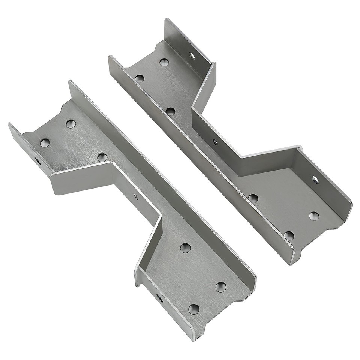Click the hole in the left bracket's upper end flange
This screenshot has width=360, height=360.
tap(38, 162)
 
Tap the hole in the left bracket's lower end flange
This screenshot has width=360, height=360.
tap(159, 298)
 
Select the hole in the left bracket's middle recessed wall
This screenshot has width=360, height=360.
tap(135, 196)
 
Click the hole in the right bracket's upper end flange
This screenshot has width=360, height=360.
tap(192, 56)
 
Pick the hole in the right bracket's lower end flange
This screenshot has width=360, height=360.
tap(315, 180)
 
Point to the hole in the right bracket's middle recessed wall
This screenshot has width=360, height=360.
tap(215, 142)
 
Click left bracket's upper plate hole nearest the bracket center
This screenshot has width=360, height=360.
tap(102, 157)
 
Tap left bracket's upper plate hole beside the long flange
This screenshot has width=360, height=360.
tap(71, 124)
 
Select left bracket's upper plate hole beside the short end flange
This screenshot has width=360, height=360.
tap(45, 142)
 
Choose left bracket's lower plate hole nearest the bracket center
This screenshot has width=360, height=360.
tap(185, 247)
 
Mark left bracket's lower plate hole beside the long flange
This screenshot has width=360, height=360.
tap(221, 287)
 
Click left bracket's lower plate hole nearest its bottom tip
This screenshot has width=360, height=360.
tap(194, 309)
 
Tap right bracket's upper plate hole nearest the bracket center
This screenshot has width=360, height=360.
tap(170, 111)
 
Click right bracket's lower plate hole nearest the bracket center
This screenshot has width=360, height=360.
tap(253, 198)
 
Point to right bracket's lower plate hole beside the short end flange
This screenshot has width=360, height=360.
tap(314, 216)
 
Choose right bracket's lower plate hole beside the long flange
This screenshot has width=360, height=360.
tap(289, 235)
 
